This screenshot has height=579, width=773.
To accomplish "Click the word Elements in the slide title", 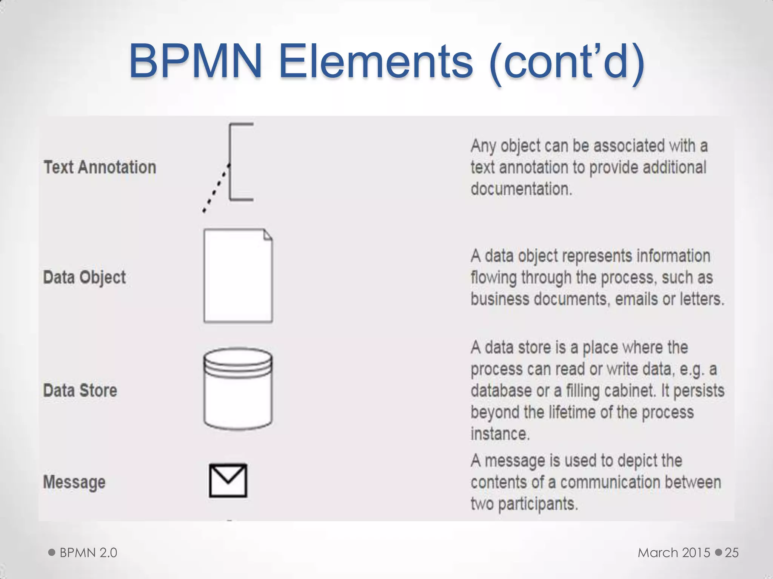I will click(376, 61).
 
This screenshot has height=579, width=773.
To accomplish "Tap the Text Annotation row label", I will click(100, 167).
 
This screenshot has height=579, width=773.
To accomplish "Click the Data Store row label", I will click(80, 391).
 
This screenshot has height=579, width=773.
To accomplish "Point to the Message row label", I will click(74, 482).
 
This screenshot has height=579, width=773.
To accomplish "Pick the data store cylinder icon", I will click(238, 389).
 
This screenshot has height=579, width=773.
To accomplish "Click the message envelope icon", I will click(228, 481).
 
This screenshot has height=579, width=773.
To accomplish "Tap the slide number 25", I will click(731, 553).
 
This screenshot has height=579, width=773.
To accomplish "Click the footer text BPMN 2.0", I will click(88, 553).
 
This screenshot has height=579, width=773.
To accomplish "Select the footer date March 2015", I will click(674, 553).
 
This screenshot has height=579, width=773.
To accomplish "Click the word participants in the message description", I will click(538, 504).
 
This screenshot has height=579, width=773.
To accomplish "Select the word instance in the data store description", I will click(500, 434).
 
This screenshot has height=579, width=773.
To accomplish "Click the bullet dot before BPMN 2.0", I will click(52, 553).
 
